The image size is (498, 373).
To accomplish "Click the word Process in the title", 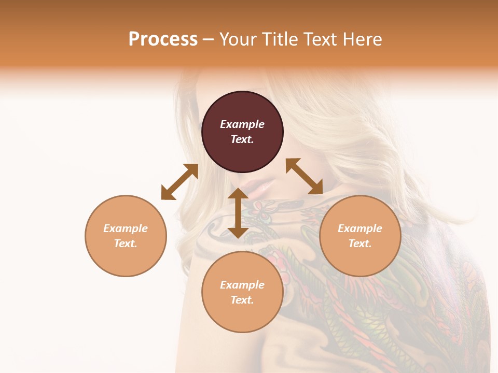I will (163, 39).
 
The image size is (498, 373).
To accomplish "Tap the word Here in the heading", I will (362, 39).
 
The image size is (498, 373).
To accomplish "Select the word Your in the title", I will (238, 39).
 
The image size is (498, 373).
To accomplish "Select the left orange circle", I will (126, 236).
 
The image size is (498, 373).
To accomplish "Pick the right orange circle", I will (360, 236).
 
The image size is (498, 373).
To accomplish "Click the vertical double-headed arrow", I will (238, 213).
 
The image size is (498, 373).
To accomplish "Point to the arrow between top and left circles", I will (179, 182).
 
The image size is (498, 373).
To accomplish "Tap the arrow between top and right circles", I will (304, 176).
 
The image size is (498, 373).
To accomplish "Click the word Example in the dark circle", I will (242, 124).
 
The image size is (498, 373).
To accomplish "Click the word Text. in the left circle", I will (126, 243).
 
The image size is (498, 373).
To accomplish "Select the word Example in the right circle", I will (360, 228).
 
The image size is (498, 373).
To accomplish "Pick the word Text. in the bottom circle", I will (242, 300).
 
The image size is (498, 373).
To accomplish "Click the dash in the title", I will (208, 39).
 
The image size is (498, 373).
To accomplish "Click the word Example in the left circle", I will (126, 228).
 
